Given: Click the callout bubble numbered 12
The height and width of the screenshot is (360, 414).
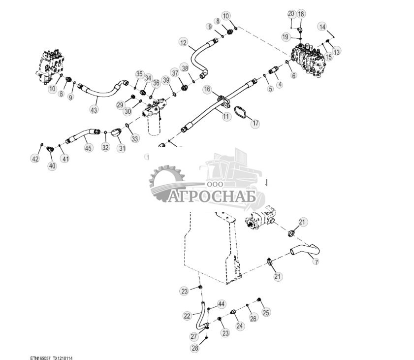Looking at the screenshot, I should (184, 43).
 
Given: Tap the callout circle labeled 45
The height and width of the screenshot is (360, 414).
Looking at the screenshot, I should (88, 147).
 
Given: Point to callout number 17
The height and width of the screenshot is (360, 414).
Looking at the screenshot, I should (255, 123).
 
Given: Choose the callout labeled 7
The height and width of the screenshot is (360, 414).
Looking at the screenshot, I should (316, 262).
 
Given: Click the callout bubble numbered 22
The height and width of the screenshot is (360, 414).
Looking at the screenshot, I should (187, 316).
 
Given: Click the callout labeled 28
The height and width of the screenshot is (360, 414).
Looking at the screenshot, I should (196, 348).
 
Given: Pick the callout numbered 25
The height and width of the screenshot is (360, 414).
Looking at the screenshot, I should (266, 312).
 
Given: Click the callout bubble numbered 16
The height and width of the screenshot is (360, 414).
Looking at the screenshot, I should (208, 89).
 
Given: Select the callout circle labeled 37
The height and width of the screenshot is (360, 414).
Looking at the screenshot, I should (175, 73).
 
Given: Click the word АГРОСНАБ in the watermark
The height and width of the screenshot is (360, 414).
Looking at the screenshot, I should (213, 196).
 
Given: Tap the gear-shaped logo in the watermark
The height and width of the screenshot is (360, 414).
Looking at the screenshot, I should (166, 184).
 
